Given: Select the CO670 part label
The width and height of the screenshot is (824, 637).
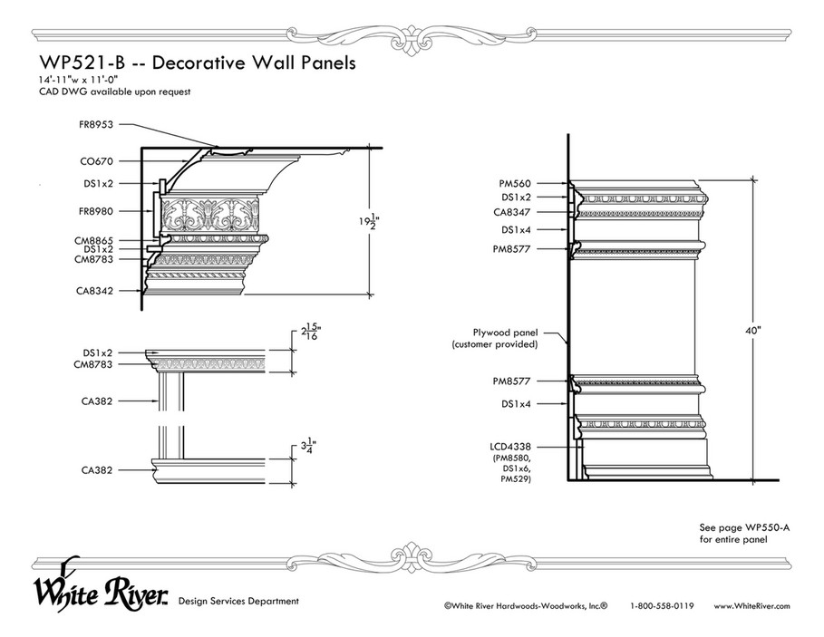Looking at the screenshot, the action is coord(97,162).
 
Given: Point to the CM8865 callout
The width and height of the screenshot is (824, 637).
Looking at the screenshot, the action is coord(93,241).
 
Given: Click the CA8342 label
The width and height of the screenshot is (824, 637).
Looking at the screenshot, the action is coord(94,290).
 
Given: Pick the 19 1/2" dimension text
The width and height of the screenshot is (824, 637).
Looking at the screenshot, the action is coord(370,221).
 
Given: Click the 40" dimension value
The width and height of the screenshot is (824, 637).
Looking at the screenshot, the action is coord(753,331).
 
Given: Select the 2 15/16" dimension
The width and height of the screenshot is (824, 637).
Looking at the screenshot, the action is coord(311,333).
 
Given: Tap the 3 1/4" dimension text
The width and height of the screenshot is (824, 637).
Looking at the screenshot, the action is coord(308,448).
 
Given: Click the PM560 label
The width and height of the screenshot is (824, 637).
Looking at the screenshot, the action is coord(515,184).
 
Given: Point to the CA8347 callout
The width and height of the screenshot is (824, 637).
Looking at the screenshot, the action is coord(512,213).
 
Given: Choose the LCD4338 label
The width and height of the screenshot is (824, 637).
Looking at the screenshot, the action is coord(510,447).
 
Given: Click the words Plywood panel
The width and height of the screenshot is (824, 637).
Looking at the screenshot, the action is coord(506,333).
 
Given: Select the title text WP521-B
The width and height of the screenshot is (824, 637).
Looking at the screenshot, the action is coord(82,63).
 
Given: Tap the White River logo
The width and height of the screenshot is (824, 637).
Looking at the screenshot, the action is coord(102,586).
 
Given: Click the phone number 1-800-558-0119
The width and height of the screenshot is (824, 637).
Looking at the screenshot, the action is coord(662,606).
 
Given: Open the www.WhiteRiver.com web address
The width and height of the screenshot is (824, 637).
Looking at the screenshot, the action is coord(752,606).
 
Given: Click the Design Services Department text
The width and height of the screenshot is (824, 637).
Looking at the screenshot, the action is coord(238,602).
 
